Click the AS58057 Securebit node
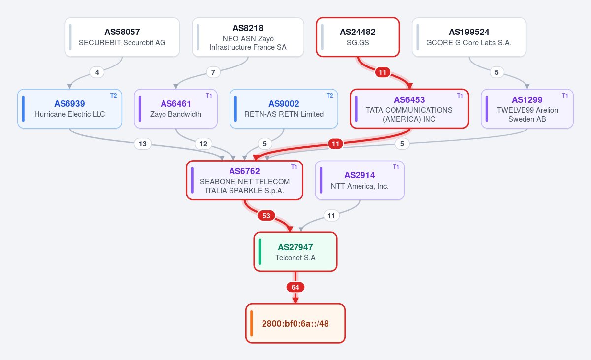[x=122, y=37]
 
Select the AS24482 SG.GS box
[x=358, y=37]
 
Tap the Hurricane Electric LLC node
[x=69, y=109]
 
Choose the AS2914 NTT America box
[x=360, y=180]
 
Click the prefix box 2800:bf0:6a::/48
[x=295, y=324]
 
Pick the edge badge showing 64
[x=295, y=287]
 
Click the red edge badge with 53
[x=266, y=216]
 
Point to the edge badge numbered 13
[x=143, y=144]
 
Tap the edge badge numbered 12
[x=203, y=144]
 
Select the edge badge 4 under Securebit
[x=97, y=72]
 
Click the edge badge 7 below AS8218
[x=213, y=72]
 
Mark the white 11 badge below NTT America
[x=331, y=216]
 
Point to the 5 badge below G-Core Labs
[x=497, y=72]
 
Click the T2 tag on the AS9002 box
[x=330, y=96]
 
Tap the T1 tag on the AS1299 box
[x=565, y=96]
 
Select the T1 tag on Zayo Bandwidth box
[x=209, y=96]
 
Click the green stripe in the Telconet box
[x=260, y=252]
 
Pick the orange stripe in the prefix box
[x=252, y=324]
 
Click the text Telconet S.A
[x=295, y=258]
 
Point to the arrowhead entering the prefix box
[x=295, y=301]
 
